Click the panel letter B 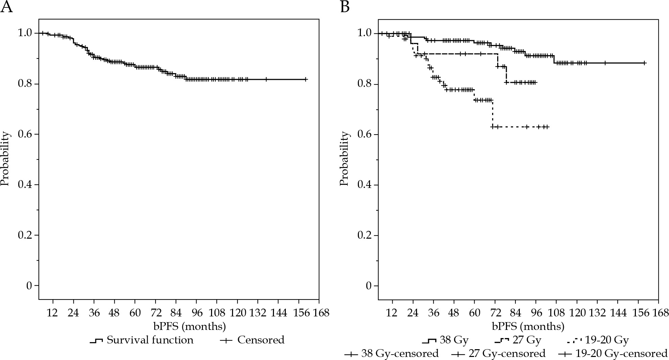tap(345, 7)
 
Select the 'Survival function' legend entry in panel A tap(142, 340)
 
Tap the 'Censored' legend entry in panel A tap(252, 340)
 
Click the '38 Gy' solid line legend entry tap(445, 340)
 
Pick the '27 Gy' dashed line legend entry tap(518, 340)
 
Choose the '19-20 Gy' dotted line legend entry tap(597, 340)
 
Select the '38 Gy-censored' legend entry tap(392, 354)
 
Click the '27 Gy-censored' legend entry tap(499, 354)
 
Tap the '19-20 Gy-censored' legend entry tap(613, 354)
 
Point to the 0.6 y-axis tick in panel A tap(26, 134)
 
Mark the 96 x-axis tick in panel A tap(197, 313)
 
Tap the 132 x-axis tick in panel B tap(597, 313)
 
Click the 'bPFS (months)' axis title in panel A tap(189, 327)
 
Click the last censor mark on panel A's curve tap(305, 79)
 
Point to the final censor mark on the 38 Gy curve tap(644, 63)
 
